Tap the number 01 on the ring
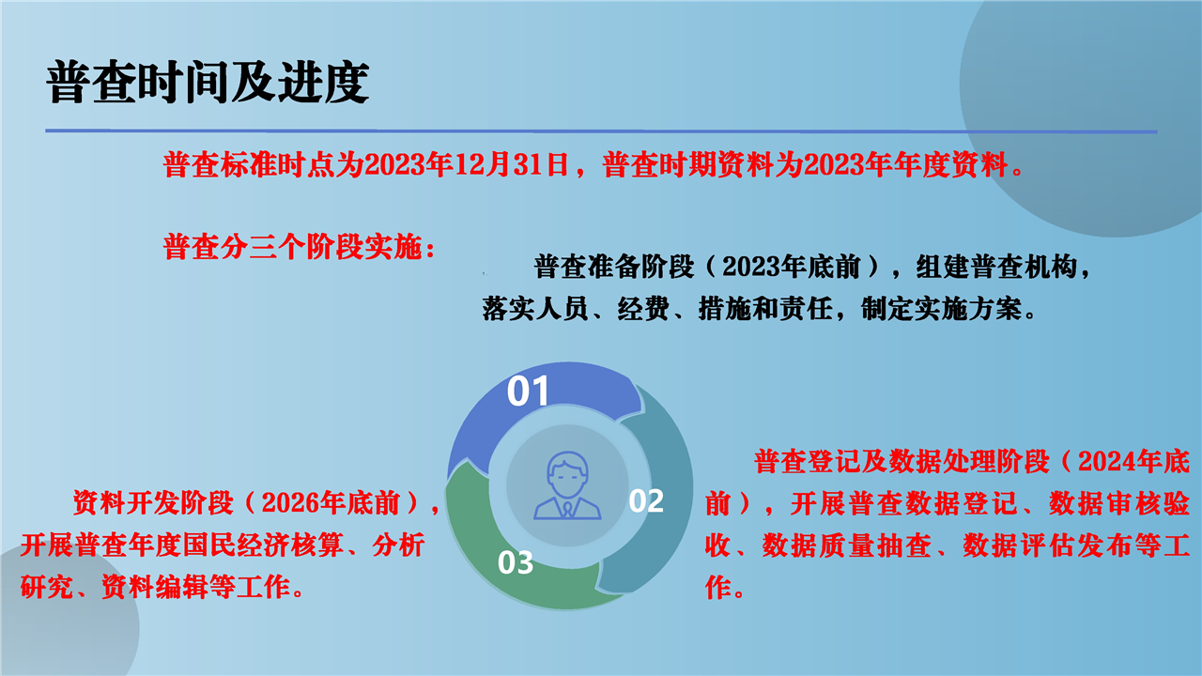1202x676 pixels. pos(528,391)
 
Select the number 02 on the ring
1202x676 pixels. pos(646,500)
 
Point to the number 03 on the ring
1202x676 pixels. pos(516,562)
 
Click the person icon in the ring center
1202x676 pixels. pos(567,485)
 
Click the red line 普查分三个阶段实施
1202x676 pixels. pos(299,247)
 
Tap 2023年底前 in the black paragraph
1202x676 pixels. pos(791,267)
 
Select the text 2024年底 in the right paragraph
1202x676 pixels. pos(1133,461)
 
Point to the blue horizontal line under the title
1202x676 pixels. pos(601,131)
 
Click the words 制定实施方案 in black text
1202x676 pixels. pos(941,309)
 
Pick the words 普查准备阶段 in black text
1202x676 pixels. pos(614,267)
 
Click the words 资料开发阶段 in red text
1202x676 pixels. pos(153,503)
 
